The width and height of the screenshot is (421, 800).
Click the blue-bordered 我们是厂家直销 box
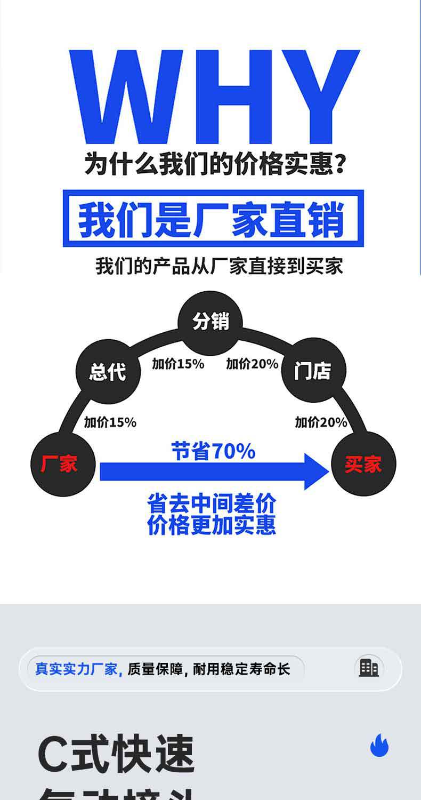[x=213, y=219]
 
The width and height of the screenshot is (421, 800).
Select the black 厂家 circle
[x=63, y=464]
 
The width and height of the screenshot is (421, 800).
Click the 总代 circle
[x=108, y=371]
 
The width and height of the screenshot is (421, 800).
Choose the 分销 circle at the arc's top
[x=210, y=322]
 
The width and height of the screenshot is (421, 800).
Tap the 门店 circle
[x=313, y=370]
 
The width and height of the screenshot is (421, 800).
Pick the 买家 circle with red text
[x=363, y=464]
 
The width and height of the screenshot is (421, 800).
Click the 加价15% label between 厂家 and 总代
[x=110, y=422]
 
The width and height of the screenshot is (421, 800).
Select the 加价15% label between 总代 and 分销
[x=178, y=364]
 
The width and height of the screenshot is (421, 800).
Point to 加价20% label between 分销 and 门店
[x=252, y=364]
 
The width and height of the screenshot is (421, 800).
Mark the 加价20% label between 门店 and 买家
[x=321, y=422]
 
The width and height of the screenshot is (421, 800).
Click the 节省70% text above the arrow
[x=213, y=452]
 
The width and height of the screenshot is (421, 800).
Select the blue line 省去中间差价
[x=212, y=503]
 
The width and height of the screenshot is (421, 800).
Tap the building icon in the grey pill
[x=369, y=668]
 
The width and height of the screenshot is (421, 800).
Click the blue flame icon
[x=379, y=745]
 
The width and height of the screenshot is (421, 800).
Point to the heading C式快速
[x=116, y=755]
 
